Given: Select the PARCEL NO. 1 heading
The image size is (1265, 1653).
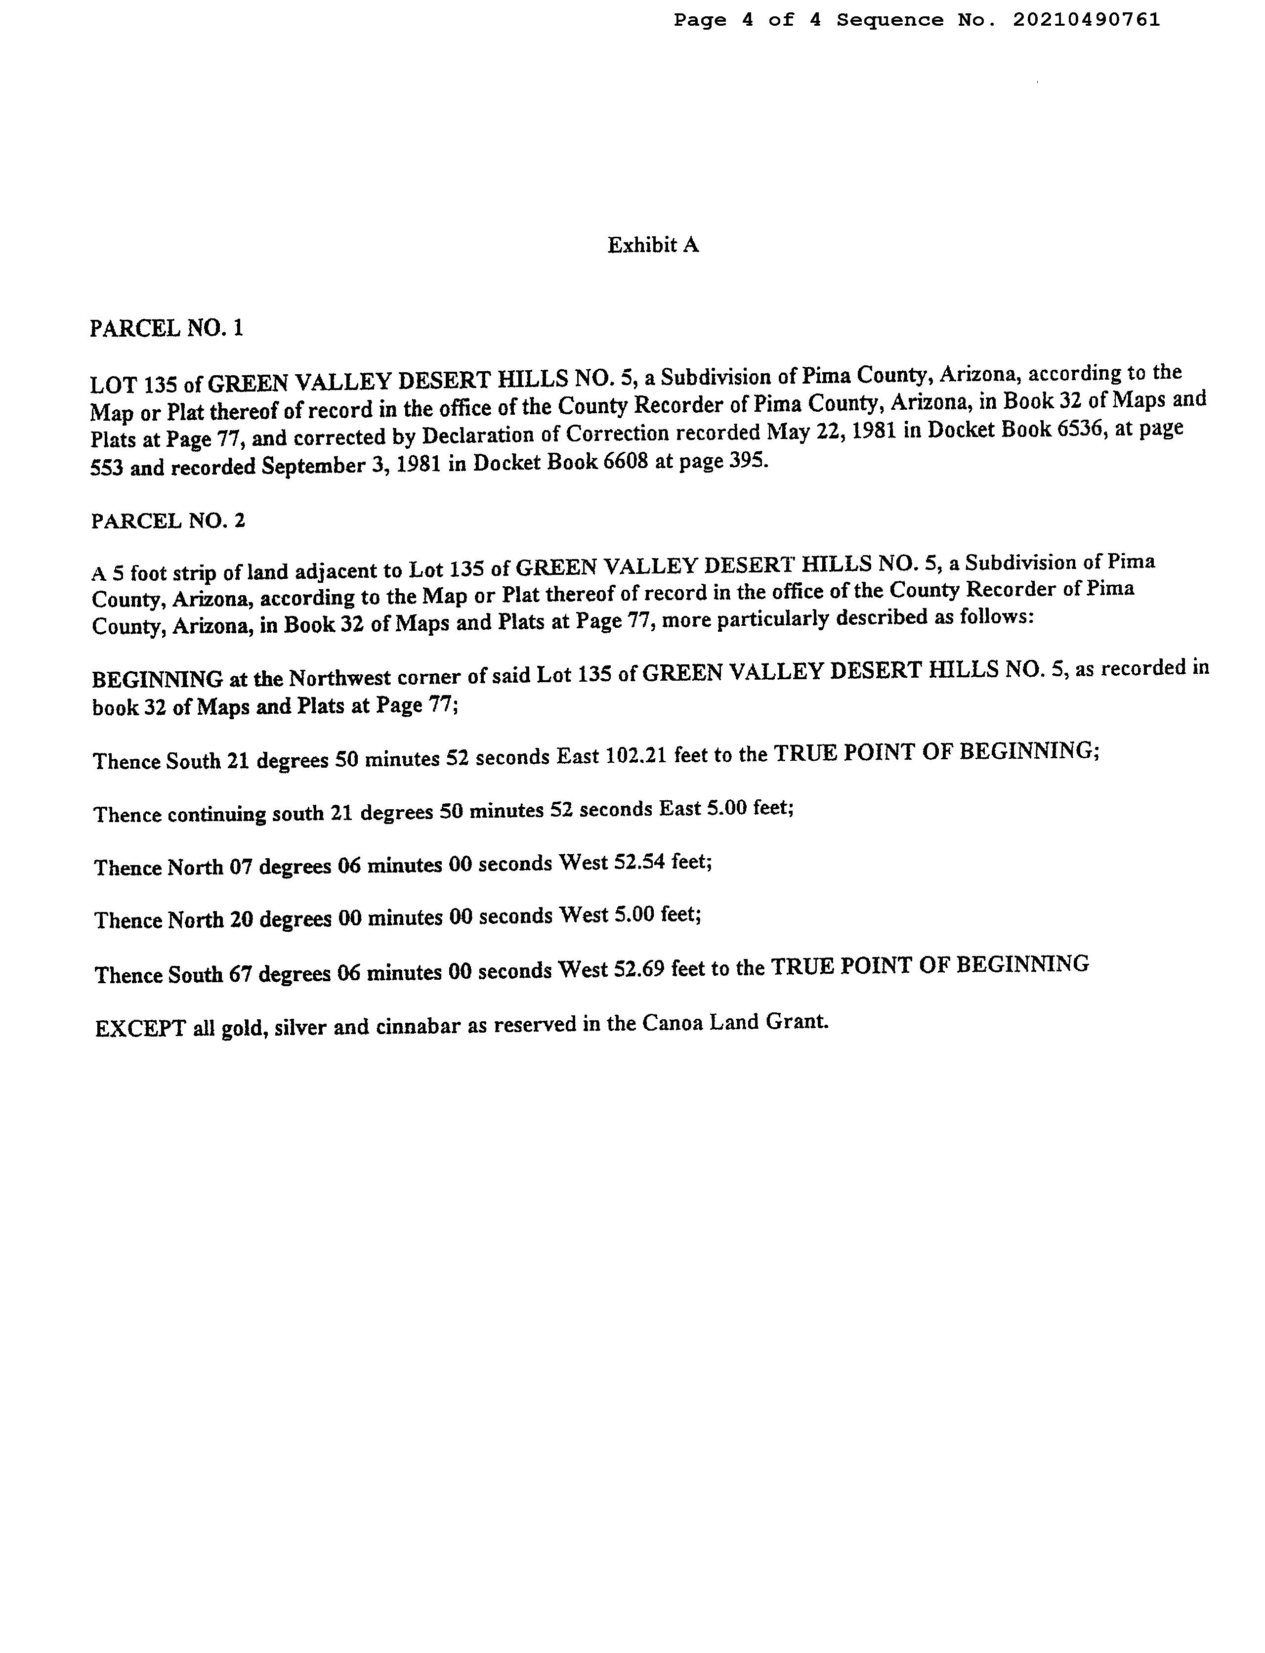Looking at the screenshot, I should pyautogui.click(x=167, y=328).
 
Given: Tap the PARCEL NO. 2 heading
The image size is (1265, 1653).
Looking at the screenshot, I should pyautogui.click(x=168, y=521).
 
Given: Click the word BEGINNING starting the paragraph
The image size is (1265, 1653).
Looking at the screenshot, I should pyautogui.click(x=157, y=679).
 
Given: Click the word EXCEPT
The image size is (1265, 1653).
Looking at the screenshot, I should pyautogui.click(x=140, y=1029).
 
